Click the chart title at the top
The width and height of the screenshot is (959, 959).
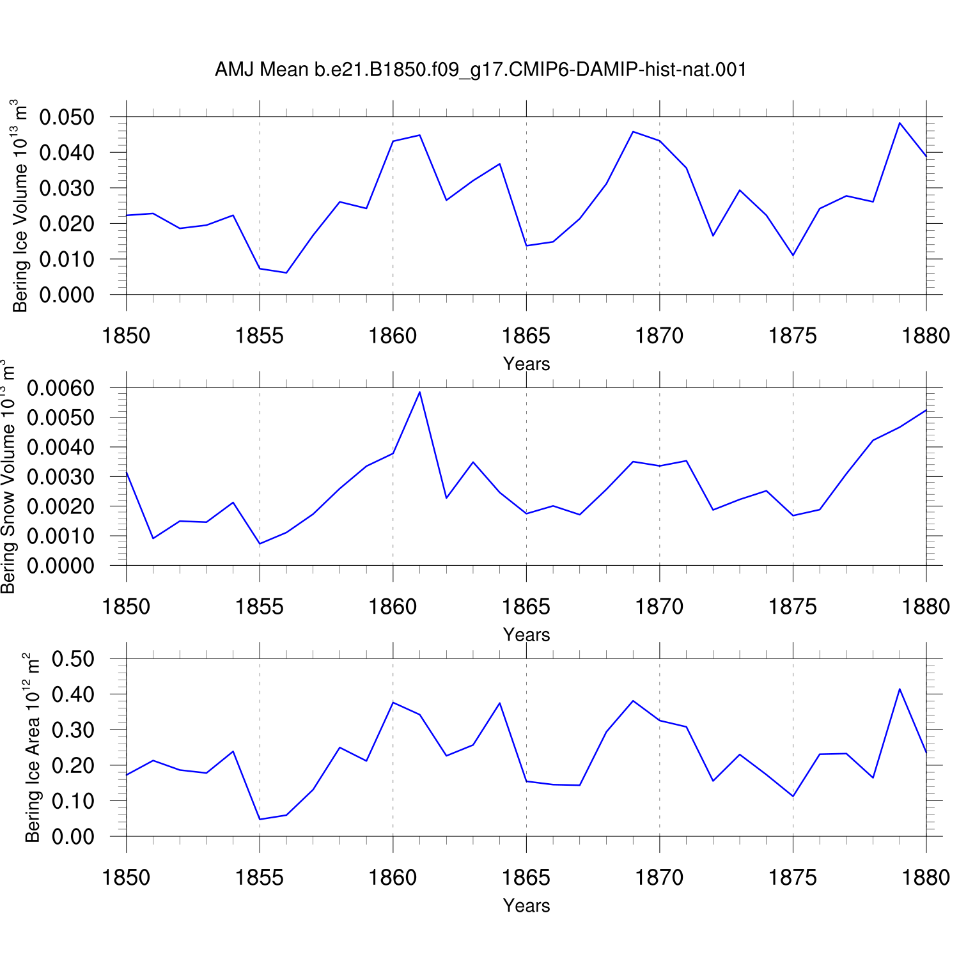[x=481, y=69]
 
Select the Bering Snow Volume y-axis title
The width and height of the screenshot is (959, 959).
[x=8, y=476]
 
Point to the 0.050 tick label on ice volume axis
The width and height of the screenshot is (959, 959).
[x=66, y=117]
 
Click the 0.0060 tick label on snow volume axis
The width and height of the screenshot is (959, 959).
[x=60, y=388]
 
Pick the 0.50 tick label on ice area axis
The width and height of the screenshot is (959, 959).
[x=73, y=659]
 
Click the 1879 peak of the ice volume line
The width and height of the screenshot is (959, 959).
[x=900, y=123]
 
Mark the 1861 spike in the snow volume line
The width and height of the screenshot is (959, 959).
[x=419, y=392]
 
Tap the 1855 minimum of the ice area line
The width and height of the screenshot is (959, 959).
[x=260, y=819]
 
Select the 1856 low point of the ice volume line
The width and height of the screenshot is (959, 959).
[x=286, y=273]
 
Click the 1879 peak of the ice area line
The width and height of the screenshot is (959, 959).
[x=900, y=689]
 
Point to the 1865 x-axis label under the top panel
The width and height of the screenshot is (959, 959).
[x=526, y=336]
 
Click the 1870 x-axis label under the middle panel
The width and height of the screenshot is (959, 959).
[x=659, y=607]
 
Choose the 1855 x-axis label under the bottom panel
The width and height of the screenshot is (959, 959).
[x=260, y=878]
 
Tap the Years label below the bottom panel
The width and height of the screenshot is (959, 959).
[x=526, y=906]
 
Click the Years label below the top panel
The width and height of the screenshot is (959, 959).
[x=526, y=364]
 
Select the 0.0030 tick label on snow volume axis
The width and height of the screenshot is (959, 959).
[x=60, y=477]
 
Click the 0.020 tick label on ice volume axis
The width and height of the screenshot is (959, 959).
[x=66, y=224]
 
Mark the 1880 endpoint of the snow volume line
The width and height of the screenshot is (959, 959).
[x=926, y=410]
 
